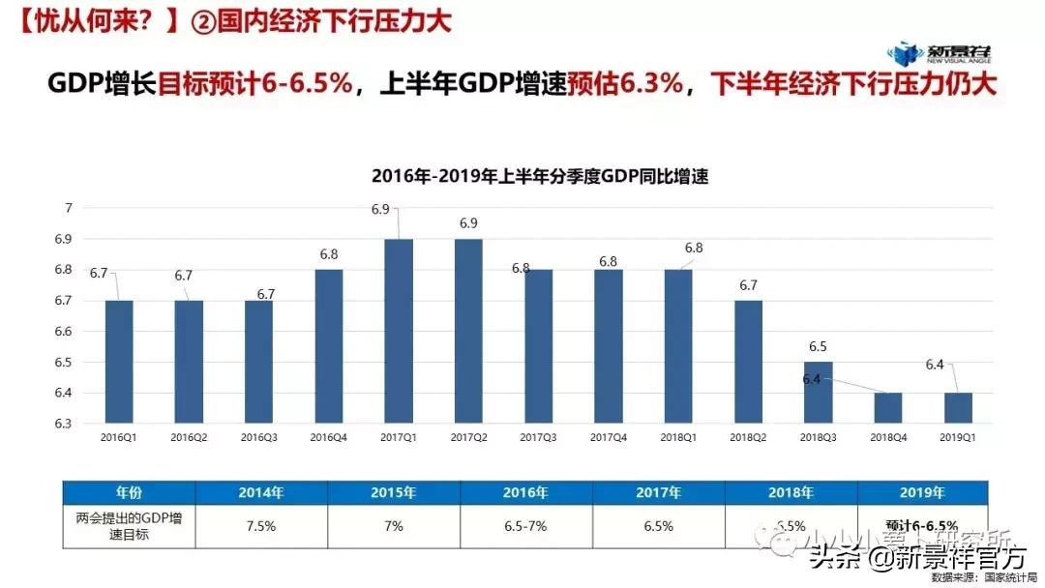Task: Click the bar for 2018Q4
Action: (887, 407)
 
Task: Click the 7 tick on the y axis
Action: (69, 208)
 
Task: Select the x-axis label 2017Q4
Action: (609, 437)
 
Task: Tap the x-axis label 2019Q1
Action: (957, 437)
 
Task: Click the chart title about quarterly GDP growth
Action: (541, 176)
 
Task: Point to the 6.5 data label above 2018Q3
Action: (818, 346)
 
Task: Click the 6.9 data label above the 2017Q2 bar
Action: (468, 223)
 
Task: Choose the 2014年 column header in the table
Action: (261, 492)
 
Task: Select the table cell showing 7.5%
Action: (261, 527)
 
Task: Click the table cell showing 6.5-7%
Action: (526, 527)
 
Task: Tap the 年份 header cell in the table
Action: (129, 492)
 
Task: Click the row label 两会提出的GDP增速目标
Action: (129, 527)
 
